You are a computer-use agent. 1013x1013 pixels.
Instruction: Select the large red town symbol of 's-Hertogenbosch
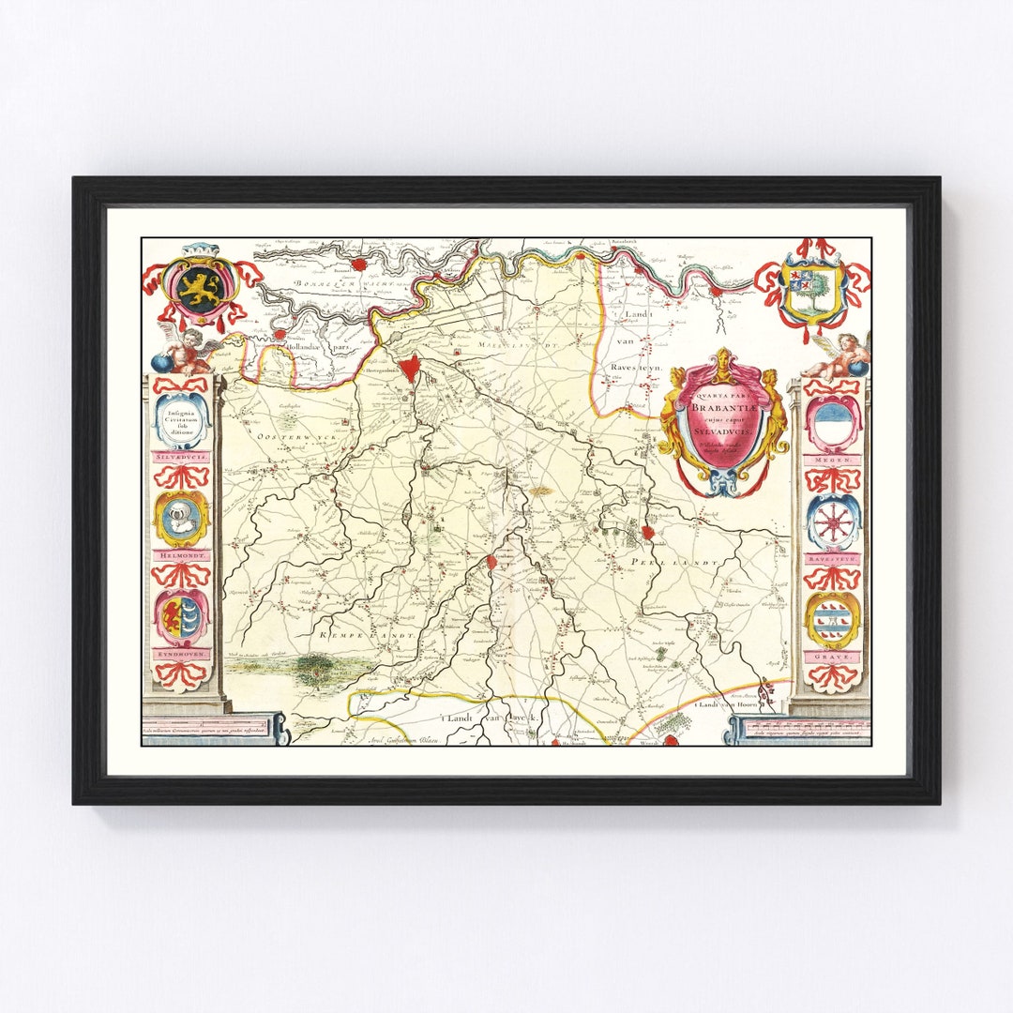407,368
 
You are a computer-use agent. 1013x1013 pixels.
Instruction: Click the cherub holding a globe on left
183,351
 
